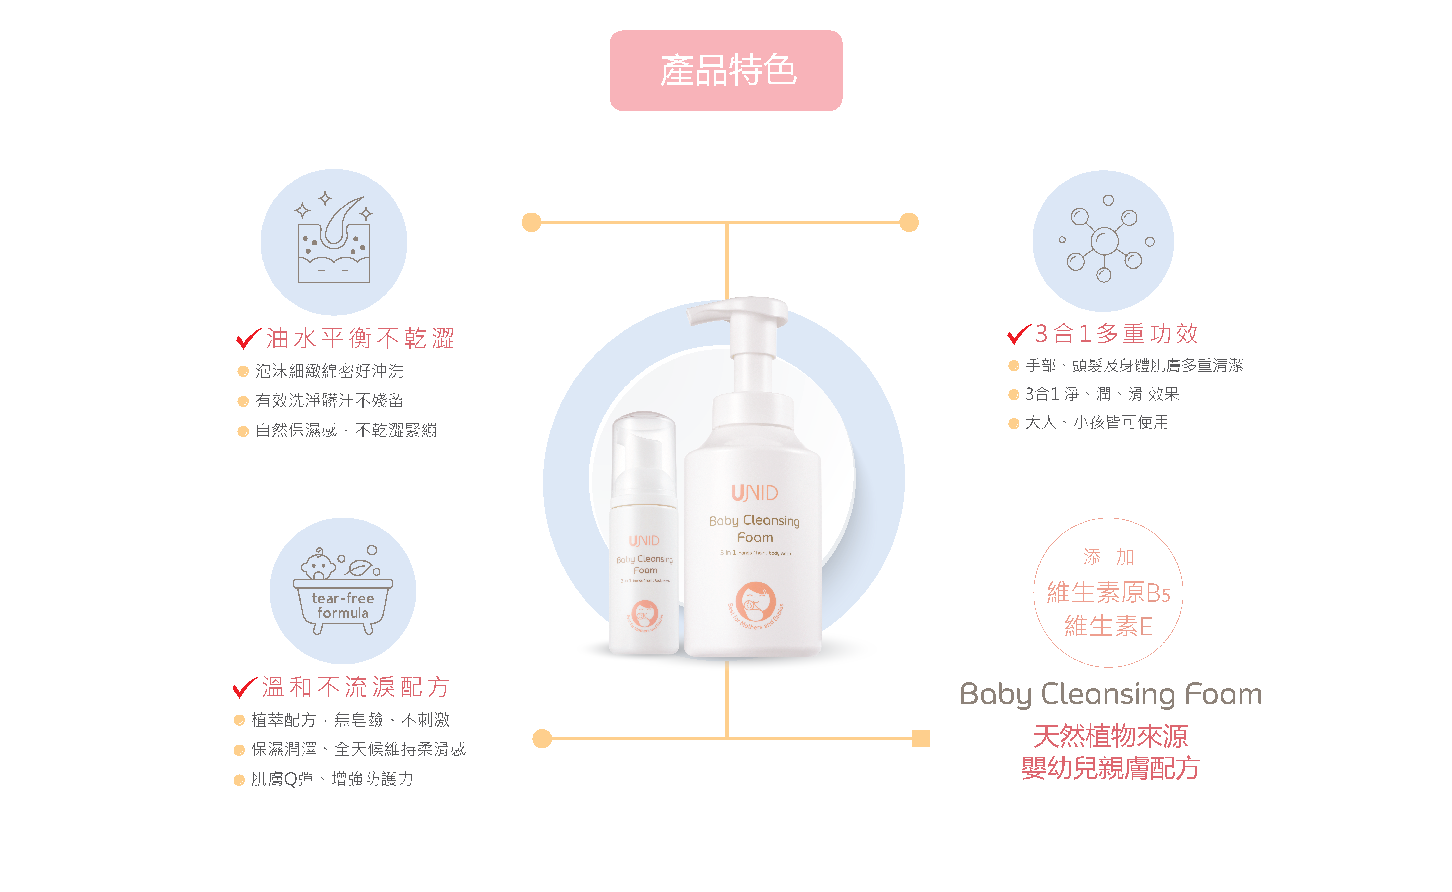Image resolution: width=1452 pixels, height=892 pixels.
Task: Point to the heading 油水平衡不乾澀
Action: point(360,338)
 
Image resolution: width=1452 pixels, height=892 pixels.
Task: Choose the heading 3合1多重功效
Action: point(1116,333)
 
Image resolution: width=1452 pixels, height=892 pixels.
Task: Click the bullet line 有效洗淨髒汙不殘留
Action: point(329,401)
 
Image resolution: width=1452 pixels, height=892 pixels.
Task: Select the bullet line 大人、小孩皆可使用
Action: point(1096,422)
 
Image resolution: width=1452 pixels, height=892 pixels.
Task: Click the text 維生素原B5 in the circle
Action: point(1108,592)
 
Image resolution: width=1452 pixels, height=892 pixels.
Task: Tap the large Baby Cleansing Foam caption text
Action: point(1110,694)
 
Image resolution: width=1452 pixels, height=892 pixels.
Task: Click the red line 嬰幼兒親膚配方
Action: point(1110,768)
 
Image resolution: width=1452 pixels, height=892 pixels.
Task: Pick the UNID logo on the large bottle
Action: point(755,493)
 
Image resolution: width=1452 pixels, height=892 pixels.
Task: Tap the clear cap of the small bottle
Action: point(644,454)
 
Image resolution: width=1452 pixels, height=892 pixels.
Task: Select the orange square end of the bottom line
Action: point(920,738)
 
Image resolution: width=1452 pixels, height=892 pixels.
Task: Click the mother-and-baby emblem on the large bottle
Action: point(756,602)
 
